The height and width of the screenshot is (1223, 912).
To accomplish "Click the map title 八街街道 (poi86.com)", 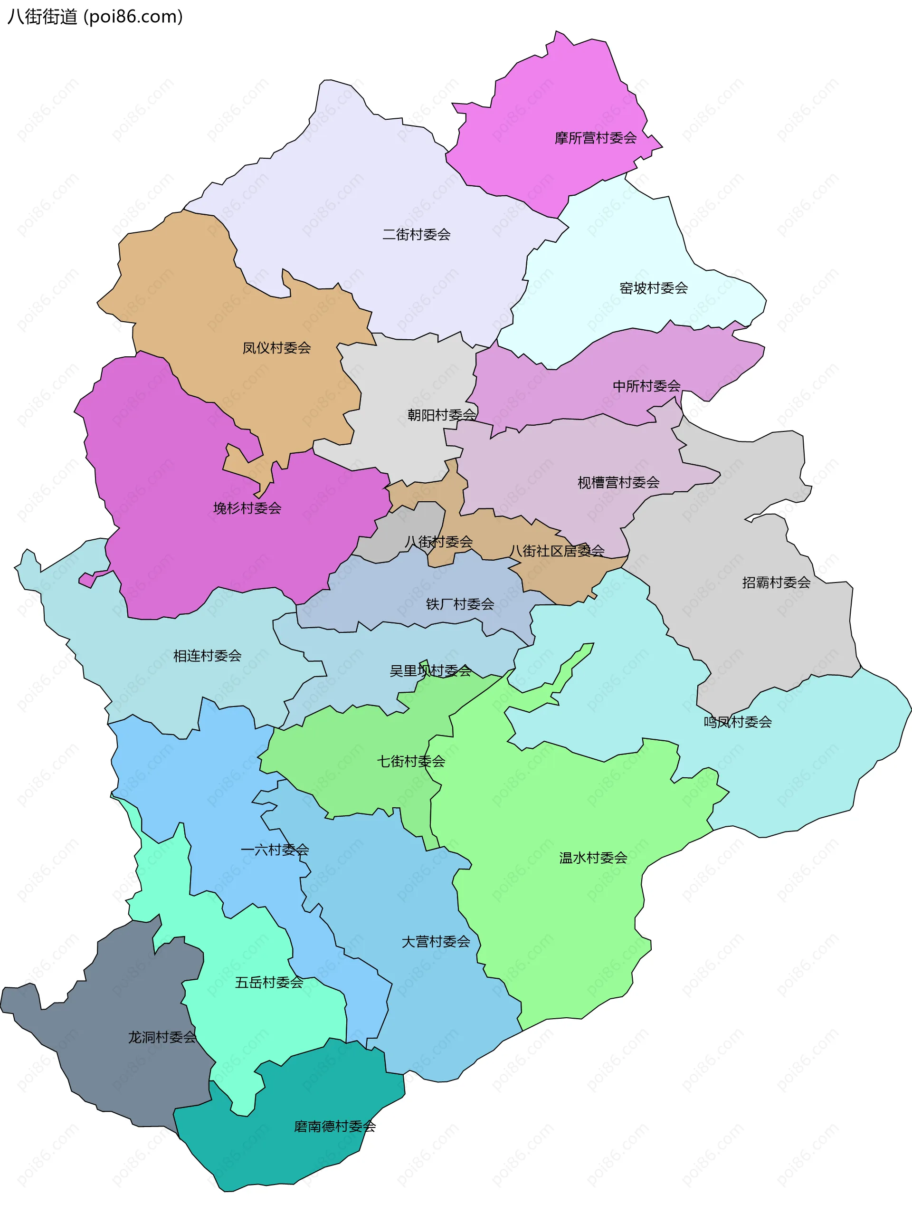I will pos(95,17).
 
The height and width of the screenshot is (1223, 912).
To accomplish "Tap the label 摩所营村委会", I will pos(596,138).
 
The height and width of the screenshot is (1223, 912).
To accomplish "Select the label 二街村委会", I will pos(416,235).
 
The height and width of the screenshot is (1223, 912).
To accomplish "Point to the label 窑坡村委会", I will pos(654,288).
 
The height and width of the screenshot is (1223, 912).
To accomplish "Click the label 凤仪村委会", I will pos(276,348).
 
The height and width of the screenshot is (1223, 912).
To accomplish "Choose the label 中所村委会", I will pos(646,386).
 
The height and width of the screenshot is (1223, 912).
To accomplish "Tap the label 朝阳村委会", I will pos(441,415).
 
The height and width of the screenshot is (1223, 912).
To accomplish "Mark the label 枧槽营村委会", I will pos(618,483).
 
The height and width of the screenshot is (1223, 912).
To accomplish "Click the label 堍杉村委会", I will pos(247,508).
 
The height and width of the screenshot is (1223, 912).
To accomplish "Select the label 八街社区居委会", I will pos(557,551).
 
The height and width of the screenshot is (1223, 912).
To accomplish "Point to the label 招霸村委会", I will pos(776,582).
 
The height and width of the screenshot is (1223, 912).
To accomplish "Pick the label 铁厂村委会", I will pos(460,604).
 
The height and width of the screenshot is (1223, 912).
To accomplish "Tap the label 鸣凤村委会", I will pos(738,722).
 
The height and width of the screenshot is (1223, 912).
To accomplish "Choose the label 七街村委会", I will pos(411,762).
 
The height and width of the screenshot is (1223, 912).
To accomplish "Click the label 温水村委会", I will pos(593,858).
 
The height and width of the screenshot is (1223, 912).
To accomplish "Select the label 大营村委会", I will pos(436,941).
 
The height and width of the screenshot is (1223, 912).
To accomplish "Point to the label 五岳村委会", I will pos(269,982).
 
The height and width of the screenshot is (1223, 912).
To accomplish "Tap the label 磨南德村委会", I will pos(334,1127).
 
